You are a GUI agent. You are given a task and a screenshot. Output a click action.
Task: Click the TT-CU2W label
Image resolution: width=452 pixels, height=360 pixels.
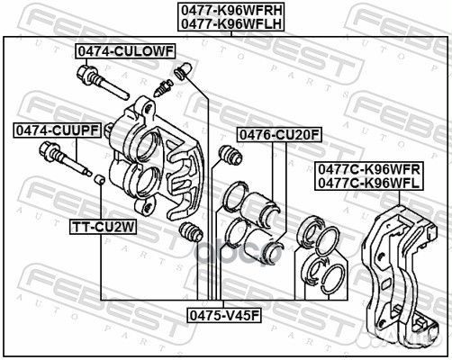[x=103, y=228]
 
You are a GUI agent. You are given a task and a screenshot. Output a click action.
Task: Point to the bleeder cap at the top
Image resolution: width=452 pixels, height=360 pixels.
[x=185, y=68]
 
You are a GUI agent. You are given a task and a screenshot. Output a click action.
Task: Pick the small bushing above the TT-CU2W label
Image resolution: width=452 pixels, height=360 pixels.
[x=100, y=181]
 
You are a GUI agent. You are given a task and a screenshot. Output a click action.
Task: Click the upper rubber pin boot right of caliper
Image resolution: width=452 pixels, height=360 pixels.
[x=229, y=157]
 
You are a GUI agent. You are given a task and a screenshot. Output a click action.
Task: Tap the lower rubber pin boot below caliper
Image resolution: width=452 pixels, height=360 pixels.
[x=190, y=233]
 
